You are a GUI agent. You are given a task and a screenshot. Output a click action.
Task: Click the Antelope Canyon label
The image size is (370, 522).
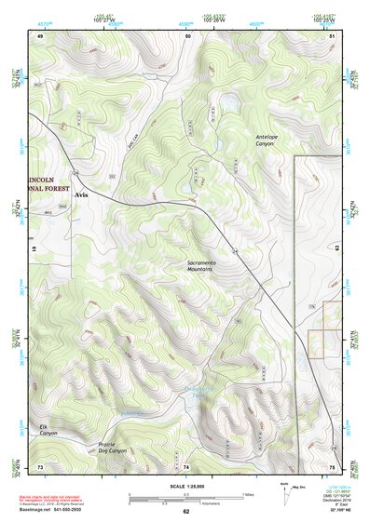(272, 141)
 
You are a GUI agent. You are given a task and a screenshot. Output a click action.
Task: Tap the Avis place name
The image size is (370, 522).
(80, 197)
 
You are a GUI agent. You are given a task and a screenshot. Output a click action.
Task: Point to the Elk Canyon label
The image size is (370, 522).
(48, 430)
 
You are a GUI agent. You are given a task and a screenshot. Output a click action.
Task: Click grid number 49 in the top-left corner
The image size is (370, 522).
(40, 35)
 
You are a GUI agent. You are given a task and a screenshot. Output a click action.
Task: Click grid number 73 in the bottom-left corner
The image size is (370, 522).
(40, 465)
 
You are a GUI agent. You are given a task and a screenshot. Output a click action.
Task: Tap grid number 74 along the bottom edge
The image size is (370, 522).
(186, 465)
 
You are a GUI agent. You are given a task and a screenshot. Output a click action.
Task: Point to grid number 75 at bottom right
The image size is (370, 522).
(331, 465)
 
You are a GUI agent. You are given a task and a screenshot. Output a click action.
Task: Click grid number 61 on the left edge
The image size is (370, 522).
(33, 249)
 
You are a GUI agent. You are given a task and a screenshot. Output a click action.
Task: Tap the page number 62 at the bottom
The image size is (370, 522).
(185, 512)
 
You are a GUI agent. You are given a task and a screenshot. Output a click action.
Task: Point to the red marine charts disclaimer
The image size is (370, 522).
(52, 498)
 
